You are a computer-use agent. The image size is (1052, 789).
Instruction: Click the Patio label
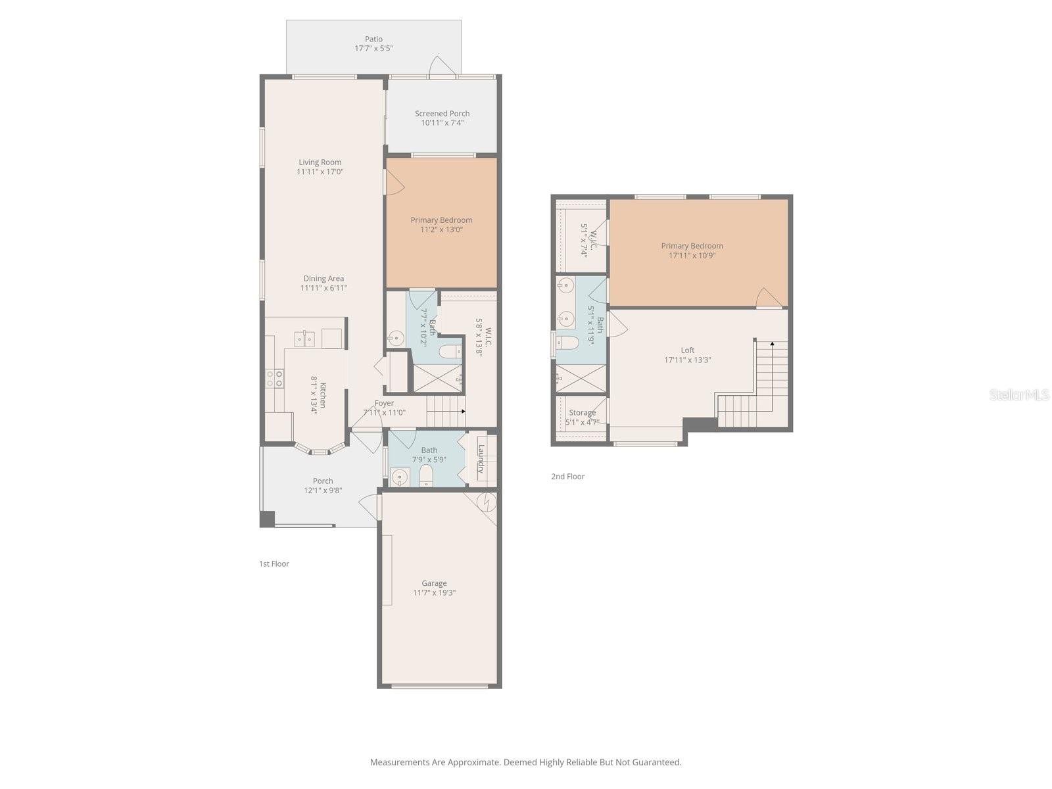(373, 39)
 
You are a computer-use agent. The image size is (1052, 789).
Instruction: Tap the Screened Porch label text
(442, 114)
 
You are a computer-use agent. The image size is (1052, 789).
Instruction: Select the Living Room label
(320, 162)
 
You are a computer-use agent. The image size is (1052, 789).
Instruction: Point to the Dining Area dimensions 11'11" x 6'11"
(323, 288)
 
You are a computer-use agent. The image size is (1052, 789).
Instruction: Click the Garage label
(434, 583)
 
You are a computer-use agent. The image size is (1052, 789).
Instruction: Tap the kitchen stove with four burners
(275, 378)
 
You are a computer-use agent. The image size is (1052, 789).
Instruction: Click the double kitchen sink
(304, 339)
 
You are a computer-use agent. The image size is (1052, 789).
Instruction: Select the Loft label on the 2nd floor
(688, 350)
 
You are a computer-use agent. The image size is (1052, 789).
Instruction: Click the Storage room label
(582, 413)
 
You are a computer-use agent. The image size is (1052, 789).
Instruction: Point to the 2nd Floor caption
(567, 477)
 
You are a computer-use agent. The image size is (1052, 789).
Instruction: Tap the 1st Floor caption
(274, 563)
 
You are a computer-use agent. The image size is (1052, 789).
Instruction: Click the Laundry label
(481, 459)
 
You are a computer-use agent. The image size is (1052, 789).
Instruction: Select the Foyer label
(384, 403)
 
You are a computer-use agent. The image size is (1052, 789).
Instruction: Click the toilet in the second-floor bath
(567, 343)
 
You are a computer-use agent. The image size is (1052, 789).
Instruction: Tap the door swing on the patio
(441, 66)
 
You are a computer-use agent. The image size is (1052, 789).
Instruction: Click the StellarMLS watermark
(1018, 394)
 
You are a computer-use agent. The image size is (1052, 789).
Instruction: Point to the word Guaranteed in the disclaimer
(657, 763)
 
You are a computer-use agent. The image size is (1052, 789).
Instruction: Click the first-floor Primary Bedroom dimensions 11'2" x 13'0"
(441, 229)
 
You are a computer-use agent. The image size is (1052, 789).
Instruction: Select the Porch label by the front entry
(323, 481)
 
